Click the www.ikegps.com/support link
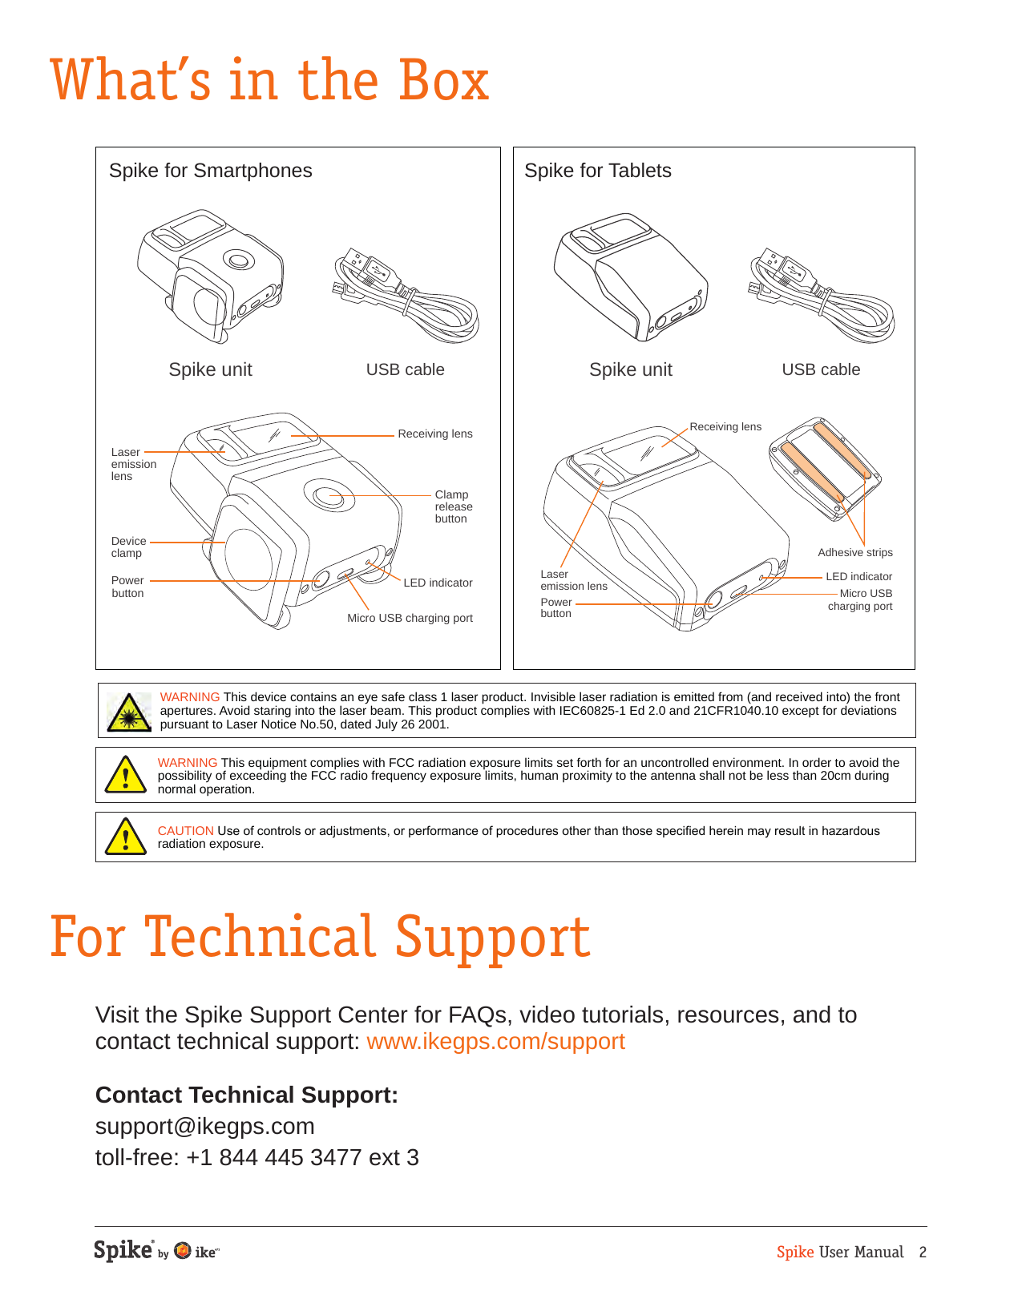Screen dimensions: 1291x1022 click(x=495, y=1041)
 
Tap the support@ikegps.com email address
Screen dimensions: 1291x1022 click(x=204, y=1126)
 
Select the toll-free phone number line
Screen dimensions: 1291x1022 click(x=257, y=1157)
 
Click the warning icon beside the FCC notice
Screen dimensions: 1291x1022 click(x=126, y=775)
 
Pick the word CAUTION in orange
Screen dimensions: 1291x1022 click(x=185, y=831)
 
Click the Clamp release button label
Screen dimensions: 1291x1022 click(x=453, y=506)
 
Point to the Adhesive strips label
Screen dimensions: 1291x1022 click(x=854, y=552)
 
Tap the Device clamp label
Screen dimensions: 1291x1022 click(x=128, y=547)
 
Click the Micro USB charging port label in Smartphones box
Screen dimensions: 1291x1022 click(x=410, y=618)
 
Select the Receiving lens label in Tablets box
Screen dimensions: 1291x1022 click(x=725, y=426)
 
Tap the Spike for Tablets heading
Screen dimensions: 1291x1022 click(x=597, y=171)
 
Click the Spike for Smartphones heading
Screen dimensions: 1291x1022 click(x=210, y=171)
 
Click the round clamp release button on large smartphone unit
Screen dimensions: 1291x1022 click(x=329, y=496)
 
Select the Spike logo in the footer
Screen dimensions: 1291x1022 click(x=123, y=1250)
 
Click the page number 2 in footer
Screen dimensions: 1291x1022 click(x=923, y=1253)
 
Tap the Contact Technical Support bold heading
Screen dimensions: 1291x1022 click(x=246, y=1095)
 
